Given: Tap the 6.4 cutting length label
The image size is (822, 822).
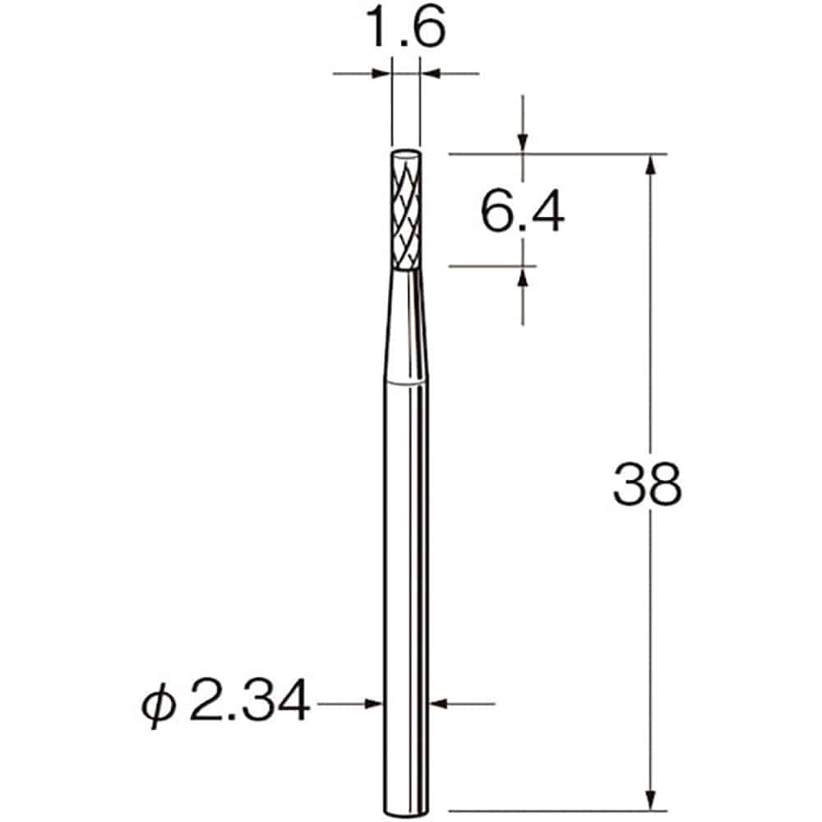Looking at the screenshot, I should (x=522, y=213).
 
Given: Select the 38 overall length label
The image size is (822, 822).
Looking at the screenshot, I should (x=648, y=485).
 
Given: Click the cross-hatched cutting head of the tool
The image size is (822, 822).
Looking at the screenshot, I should (x=405, y=214).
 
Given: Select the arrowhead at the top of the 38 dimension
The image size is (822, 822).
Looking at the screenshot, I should (x=651, y=164).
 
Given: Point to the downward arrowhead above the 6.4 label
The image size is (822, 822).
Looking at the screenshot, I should (x=522, y=143).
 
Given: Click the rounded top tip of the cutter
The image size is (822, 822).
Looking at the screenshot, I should (x=405, y=153).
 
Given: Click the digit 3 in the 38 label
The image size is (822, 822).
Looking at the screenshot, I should (x=630, y=485).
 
